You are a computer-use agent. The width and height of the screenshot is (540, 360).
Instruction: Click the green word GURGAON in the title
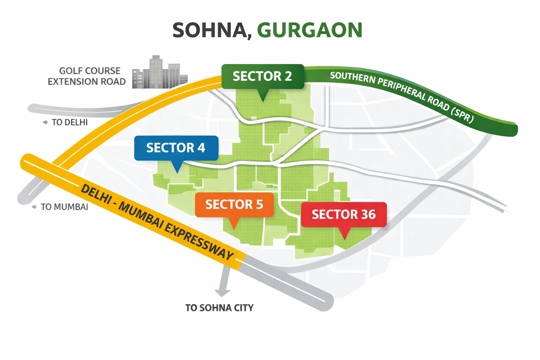(x=309, y=31)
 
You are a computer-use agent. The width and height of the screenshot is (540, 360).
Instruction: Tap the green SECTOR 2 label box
(x=262, y=76)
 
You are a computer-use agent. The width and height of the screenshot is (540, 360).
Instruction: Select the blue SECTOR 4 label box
(x=176, y=148)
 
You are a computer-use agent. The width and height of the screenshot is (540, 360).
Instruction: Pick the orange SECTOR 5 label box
(x=234, y=205)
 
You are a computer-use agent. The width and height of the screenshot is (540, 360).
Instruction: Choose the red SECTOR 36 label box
(x=343, y=214)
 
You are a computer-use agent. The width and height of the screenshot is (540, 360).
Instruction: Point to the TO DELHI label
(x=70, y=122)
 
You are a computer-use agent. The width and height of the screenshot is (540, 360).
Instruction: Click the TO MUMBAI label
(x=64, y=207)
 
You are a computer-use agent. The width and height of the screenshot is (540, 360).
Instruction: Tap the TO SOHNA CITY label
(x=219, y=308)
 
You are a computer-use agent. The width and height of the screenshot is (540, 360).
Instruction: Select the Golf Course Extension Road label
(x=87, y=76)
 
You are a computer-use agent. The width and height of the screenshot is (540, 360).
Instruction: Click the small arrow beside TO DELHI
(x=45, y=122)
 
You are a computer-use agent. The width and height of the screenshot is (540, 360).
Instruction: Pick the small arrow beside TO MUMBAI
(x=34, y=207)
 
